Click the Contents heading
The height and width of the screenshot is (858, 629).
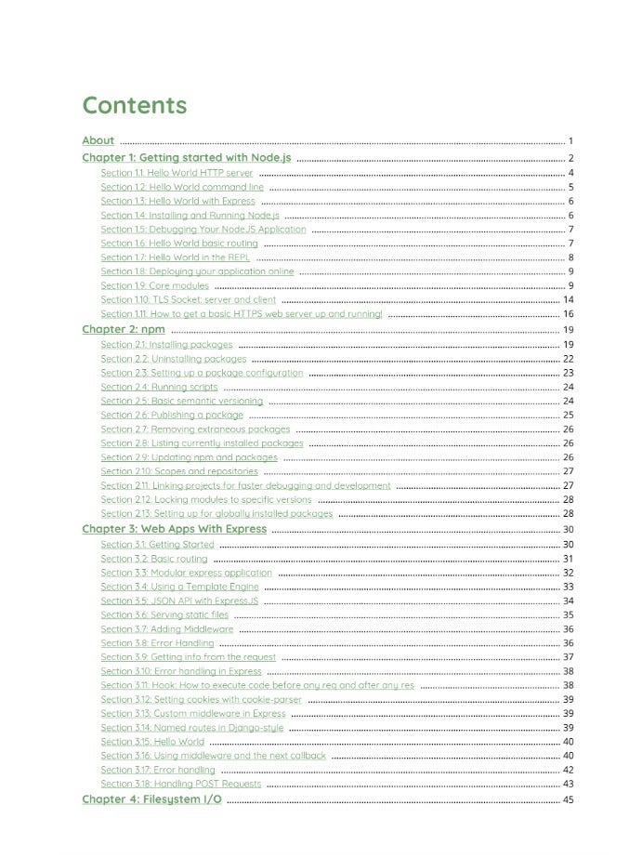point(134,105)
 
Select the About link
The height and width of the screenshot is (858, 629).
point(98,141)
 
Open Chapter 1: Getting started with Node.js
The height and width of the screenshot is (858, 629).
point(186,158)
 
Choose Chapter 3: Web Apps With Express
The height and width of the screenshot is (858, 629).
point(174,529)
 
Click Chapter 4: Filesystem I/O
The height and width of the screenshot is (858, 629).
point(151,799)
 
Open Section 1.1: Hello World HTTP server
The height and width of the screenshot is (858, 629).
point(177,173)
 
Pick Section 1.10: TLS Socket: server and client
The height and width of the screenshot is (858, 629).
point(189,300)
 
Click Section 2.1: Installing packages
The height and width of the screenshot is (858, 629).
point(166,344)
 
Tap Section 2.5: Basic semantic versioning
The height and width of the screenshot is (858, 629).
point(181,401)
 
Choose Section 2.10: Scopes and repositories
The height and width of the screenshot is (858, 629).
point(179,471)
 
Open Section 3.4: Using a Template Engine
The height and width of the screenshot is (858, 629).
point(179,587)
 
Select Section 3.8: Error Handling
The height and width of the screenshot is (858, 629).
point(157,643)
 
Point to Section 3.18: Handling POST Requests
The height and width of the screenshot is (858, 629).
point(180,785)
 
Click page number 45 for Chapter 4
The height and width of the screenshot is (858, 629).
point(568,799)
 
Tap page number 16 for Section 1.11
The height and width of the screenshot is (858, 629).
point(568,314)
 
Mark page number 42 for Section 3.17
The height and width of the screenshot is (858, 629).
point(568,770)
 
